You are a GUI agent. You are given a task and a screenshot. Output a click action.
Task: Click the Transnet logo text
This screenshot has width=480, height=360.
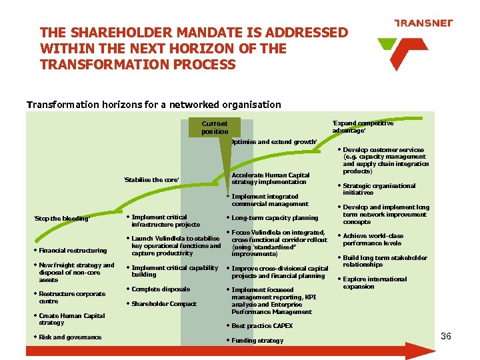click(423, 23)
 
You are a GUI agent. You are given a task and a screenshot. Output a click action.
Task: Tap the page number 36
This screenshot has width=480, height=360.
click(446, 336)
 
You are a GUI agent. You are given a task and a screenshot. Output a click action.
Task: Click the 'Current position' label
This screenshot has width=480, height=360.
click(215, 127)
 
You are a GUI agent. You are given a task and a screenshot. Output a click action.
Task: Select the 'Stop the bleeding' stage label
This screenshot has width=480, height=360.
click(61, 219)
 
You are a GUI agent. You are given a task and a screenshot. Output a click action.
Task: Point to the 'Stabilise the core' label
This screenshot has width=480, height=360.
click(151, 180)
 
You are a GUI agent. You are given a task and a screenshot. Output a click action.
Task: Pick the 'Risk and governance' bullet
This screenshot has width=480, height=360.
click(70, 337)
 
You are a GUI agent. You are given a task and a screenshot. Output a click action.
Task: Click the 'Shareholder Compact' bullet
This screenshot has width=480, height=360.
click(164, 304)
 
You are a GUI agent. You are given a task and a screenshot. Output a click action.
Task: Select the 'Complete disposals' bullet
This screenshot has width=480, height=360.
click(161, 289)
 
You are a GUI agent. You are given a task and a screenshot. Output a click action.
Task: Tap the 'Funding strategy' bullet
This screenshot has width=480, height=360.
click(257, 341)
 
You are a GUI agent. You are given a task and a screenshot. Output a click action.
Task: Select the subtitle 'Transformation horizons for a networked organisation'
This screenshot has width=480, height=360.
click(153, 104)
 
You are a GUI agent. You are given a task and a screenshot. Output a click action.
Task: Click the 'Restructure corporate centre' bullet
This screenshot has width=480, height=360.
click(71, 297)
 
